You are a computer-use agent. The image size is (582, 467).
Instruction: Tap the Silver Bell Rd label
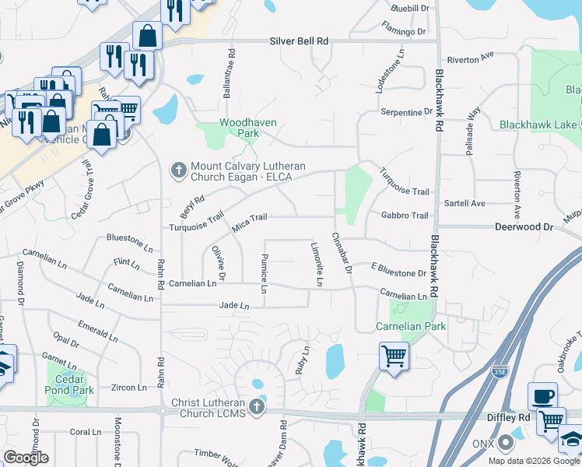[x=300, y=41]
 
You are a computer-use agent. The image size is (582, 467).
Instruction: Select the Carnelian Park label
[x=411, y=326]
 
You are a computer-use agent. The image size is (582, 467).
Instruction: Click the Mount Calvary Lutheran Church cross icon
[x=177, y=169]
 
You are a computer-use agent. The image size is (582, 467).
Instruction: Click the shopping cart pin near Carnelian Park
[x=394, y=356]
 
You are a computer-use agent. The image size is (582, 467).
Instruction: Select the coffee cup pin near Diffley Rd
[x=542, y=396]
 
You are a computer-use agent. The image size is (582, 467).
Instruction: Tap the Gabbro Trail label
[x=405, y=216]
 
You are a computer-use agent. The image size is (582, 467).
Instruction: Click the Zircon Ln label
[x=130, y=387]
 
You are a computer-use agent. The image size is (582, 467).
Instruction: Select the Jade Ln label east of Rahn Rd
[x=234, y=306]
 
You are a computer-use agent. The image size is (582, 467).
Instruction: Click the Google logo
[x=26, y=457]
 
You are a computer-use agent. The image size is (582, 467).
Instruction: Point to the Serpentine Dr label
[x=405, y=112]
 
